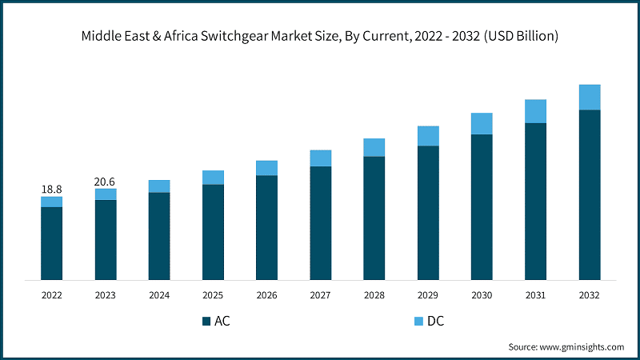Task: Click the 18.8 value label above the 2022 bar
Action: [52, 189]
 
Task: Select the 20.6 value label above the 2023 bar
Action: [106, 182]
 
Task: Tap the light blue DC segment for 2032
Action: [590, 97]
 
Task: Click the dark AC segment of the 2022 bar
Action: [52, 243]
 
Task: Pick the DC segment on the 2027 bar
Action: [321, 158]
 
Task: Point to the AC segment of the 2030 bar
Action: [482, 207]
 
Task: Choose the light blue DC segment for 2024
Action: [159, 186]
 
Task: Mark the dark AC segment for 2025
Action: [213, 232]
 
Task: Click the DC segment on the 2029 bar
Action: [428, 136]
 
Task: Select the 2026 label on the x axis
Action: [266, 295]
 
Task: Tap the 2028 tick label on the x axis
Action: [374, 295]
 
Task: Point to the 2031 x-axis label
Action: [535, 295]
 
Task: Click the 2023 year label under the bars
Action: [106, 295]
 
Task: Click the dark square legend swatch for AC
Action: [206, 322]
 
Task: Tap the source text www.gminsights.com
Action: [582, 346]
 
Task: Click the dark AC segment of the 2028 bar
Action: [374, 218]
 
